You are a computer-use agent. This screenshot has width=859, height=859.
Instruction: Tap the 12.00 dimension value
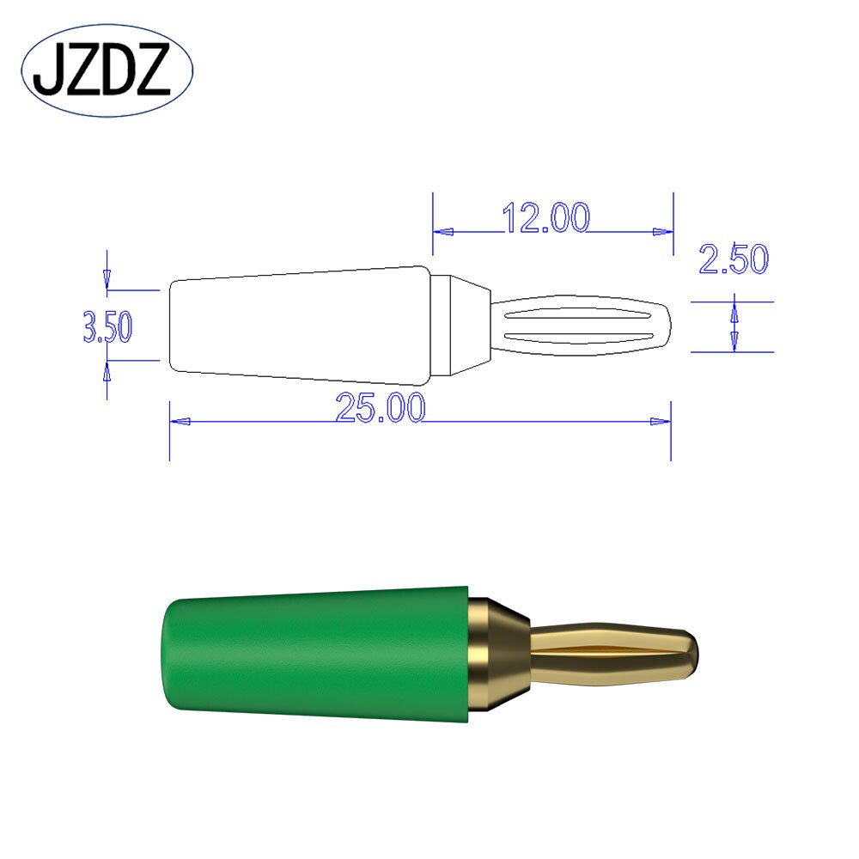[x=546, y=218]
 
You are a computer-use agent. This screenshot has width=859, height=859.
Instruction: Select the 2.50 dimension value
[x=733, y=259]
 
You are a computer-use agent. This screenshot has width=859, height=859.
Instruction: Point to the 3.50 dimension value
[x=107, y=327]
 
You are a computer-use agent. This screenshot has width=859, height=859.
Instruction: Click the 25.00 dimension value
[x=381, y=408]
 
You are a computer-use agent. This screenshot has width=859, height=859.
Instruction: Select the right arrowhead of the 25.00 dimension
[x=661, y=422]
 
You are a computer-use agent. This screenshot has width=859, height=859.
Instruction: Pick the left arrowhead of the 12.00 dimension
[x=442, y=231]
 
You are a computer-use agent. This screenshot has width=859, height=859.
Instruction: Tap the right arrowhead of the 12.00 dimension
[x=662, y=231]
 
